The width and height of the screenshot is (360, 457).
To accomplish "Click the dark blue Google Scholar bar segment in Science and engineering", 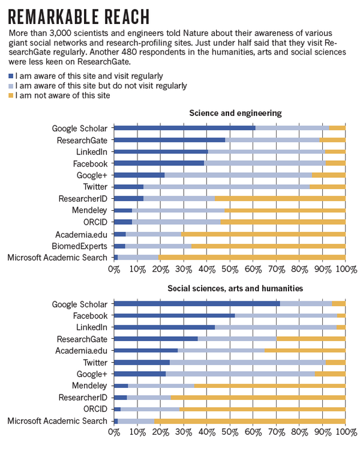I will coord(184,128).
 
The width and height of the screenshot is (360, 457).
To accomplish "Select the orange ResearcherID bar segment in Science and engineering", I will coord(280,198).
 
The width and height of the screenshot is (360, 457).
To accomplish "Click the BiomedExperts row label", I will coord(80,246).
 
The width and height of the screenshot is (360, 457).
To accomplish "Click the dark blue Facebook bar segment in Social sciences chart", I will coord(174,315).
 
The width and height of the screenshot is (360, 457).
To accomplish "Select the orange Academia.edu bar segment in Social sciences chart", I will coord(305,350).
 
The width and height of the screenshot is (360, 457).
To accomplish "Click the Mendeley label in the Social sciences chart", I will coord(89,386).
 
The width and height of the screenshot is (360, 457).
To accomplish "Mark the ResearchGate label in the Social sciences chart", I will coord(82,339).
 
